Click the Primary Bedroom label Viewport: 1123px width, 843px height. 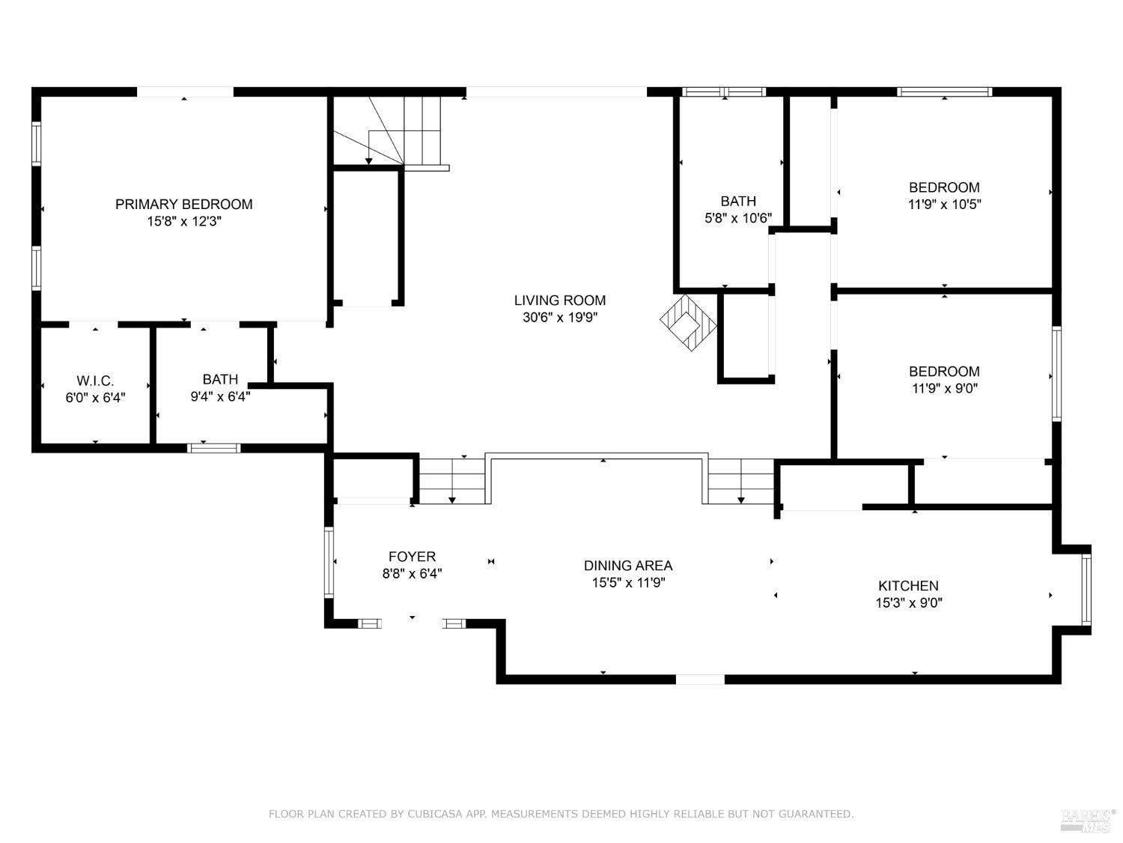(183, 204)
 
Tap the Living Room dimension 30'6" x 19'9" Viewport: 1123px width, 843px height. (559, 317)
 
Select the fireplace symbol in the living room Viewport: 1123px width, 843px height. (688, 321)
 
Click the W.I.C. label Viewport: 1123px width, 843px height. (95, 381)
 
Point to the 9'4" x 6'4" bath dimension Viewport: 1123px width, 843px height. (219, 396)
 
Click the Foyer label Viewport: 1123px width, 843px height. (412, 557)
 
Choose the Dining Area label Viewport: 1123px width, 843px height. (628, 566)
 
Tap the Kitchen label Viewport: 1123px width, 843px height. (908, 586)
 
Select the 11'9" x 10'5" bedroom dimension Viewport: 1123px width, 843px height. (944, 204)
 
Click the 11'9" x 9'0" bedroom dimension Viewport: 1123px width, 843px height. (944, 388)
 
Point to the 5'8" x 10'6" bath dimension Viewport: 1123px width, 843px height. (738, 218)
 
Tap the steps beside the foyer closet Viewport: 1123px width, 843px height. (451, 481)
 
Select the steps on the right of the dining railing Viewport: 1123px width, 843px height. (740, 481)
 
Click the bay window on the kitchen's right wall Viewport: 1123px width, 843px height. (1086, 590)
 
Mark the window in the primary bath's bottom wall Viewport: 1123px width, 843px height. (213, 448)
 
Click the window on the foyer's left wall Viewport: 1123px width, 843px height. (329, 562)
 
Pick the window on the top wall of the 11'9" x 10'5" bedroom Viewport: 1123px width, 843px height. (944, 92)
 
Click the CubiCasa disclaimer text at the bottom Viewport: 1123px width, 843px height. (561, 814)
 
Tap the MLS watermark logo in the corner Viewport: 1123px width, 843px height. (1088, 820)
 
